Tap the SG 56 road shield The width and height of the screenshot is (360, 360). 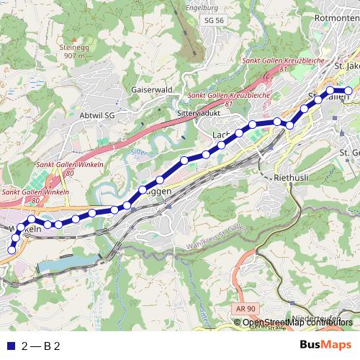point(215,20)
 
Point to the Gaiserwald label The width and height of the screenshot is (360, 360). point(151,90)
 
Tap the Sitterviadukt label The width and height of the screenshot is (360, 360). point(197,114)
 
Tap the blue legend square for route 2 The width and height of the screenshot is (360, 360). point(10,346)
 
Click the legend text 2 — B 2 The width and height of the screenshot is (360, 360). point(41,346)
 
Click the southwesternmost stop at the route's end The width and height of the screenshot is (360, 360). point(11,250)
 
